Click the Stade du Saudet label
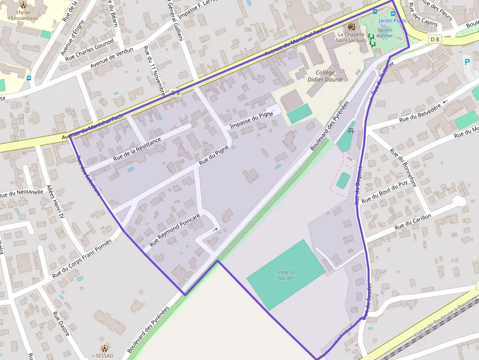coord(286,275)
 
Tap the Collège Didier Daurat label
coord(325,76)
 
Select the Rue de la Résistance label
coord(137,149)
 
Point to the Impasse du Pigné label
coord(251,120)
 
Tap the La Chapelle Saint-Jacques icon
coord(351,26)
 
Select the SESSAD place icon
coord(104,348)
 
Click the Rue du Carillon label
coord(413,222)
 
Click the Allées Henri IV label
coord(55,201)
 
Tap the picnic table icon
coord(350,130)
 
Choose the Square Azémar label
coord(385,33)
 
